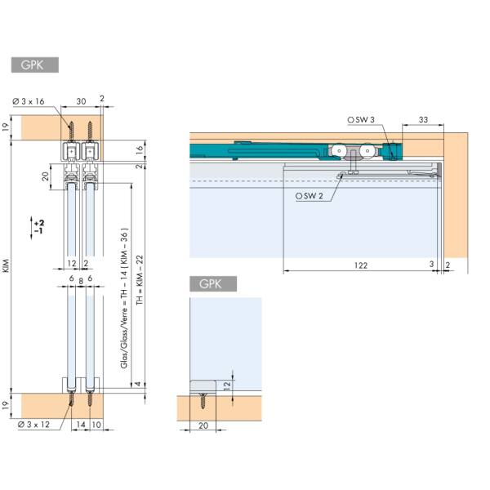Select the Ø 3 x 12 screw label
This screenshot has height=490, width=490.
[x=32, y=425]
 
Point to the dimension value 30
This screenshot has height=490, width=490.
[x=82, y=100]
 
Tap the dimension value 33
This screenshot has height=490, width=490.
[x=423, y=120]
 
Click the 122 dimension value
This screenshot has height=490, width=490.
[x=361, y=265]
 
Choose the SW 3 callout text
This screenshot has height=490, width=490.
[x=363, y=120]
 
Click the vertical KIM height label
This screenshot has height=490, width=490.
[x=7, y=268]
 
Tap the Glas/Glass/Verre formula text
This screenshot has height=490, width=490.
[x=123, y=294]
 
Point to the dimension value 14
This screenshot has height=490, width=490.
[x=81, y=425]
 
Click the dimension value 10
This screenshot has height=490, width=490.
[x=97, y=425]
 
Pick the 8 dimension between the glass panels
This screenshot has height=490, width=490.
[x=80, y=279]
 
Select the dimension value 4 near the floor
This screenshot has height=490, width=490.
[x=139, y=383]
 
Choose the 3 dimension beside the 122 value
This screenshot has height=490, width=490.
[x=431, y=265]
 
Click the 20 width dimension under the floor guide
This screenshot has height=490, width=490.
[x=203, y=425]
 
